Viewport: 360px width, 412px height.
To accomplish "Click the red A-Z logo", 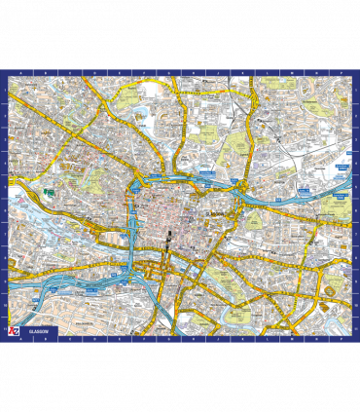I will tap(13, 331).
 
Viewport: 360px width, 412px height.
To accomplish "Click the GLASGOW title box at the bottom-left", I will tap(38, 331).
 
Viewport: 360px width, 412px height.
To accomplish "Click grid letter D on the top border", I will tap(84, 72).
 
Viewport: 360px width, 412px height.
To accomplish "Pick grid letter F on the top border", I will tap(127, 72).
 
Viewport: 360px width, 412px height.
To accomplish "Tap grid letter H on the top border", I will tap(170, 72).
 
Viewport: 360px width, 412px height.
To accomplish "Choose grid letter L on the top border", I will tap(255, 72).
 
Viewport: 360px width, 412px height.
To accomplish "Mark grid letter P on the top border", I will tap(341, 72).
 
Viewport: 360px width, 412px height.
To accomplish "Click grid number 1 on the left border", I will tap(4, 90).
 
